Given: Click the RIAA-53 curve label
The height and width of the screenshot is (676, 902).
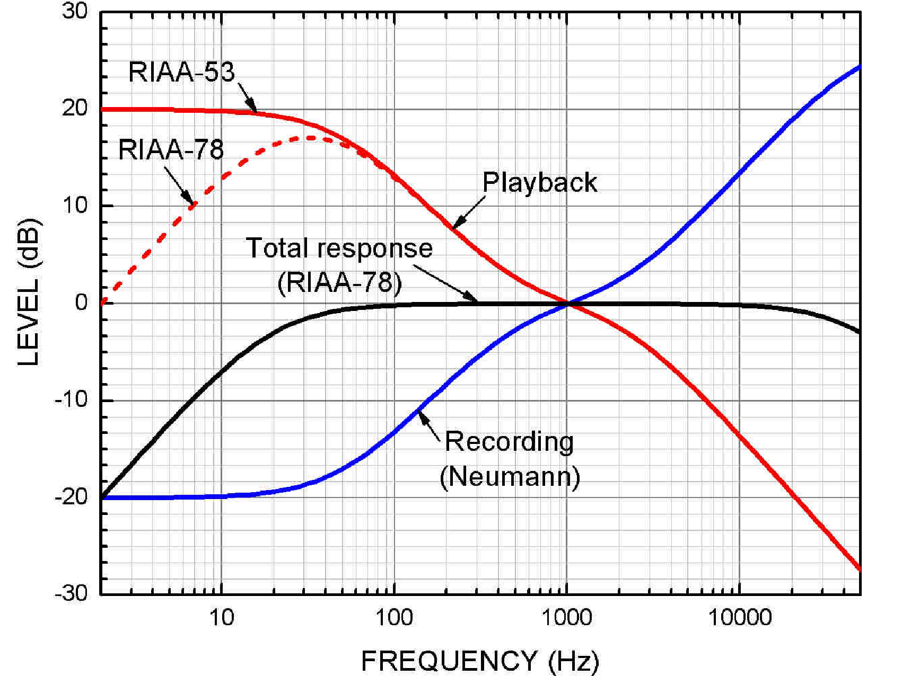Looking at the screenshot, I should pyautogui.click(x=181, y=72).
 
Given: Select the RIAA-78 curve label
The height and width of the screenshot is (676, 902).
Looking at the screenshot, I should pyautogui.click(x=171, y=149).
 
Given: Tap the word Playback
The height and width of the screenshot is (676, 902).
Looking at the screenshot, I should pyautogui.click(x=539, y=183).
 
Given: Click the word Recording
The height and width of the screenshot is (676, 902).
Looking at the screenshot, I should pyautogui.click(x=509, y=442).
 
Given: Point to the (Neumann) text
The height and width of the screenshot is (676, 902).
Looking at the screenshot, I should pyautogui.click(x=510, y=477).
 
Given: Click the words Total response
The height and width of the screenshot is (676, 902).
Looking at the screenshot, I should pyautogui.click(x=339, y=248).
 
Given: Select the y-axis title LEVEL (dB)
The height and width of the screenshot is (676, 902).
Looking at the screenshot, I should pyautogui.click(x=29, y=291).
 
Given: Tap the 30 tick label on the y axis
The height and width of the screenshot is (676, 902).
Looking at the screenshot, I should pyautogui.click(x=75, y=11).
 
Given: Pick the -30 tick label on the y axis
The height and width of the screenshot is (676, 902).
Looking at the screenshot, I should pyautogui.click(x=71, y=593).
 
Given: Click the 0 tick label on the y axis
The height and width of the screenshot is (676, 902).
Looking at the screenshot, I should pyautogui.click(x=81, y=303).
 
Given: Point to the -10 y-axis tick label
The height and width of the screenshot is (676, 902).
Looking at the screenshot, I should pyautogui.click(x=71, y=399).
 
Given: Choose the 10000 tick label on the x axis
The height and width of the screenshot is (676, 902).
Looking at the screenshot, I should pyautogui.click(x=740, y=618).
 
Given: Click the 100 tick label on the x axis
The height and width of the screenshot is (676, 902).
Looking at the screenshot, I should pyautogui.click(x=394, y=618).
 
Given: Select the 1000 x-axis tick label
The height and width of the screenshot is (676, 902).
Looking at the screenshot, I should pyautogui.click(x=566, y=618).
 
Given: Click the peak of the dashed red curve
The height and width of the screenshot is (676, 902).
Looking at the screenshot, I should pyautogui.click(x=310, y=138).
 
